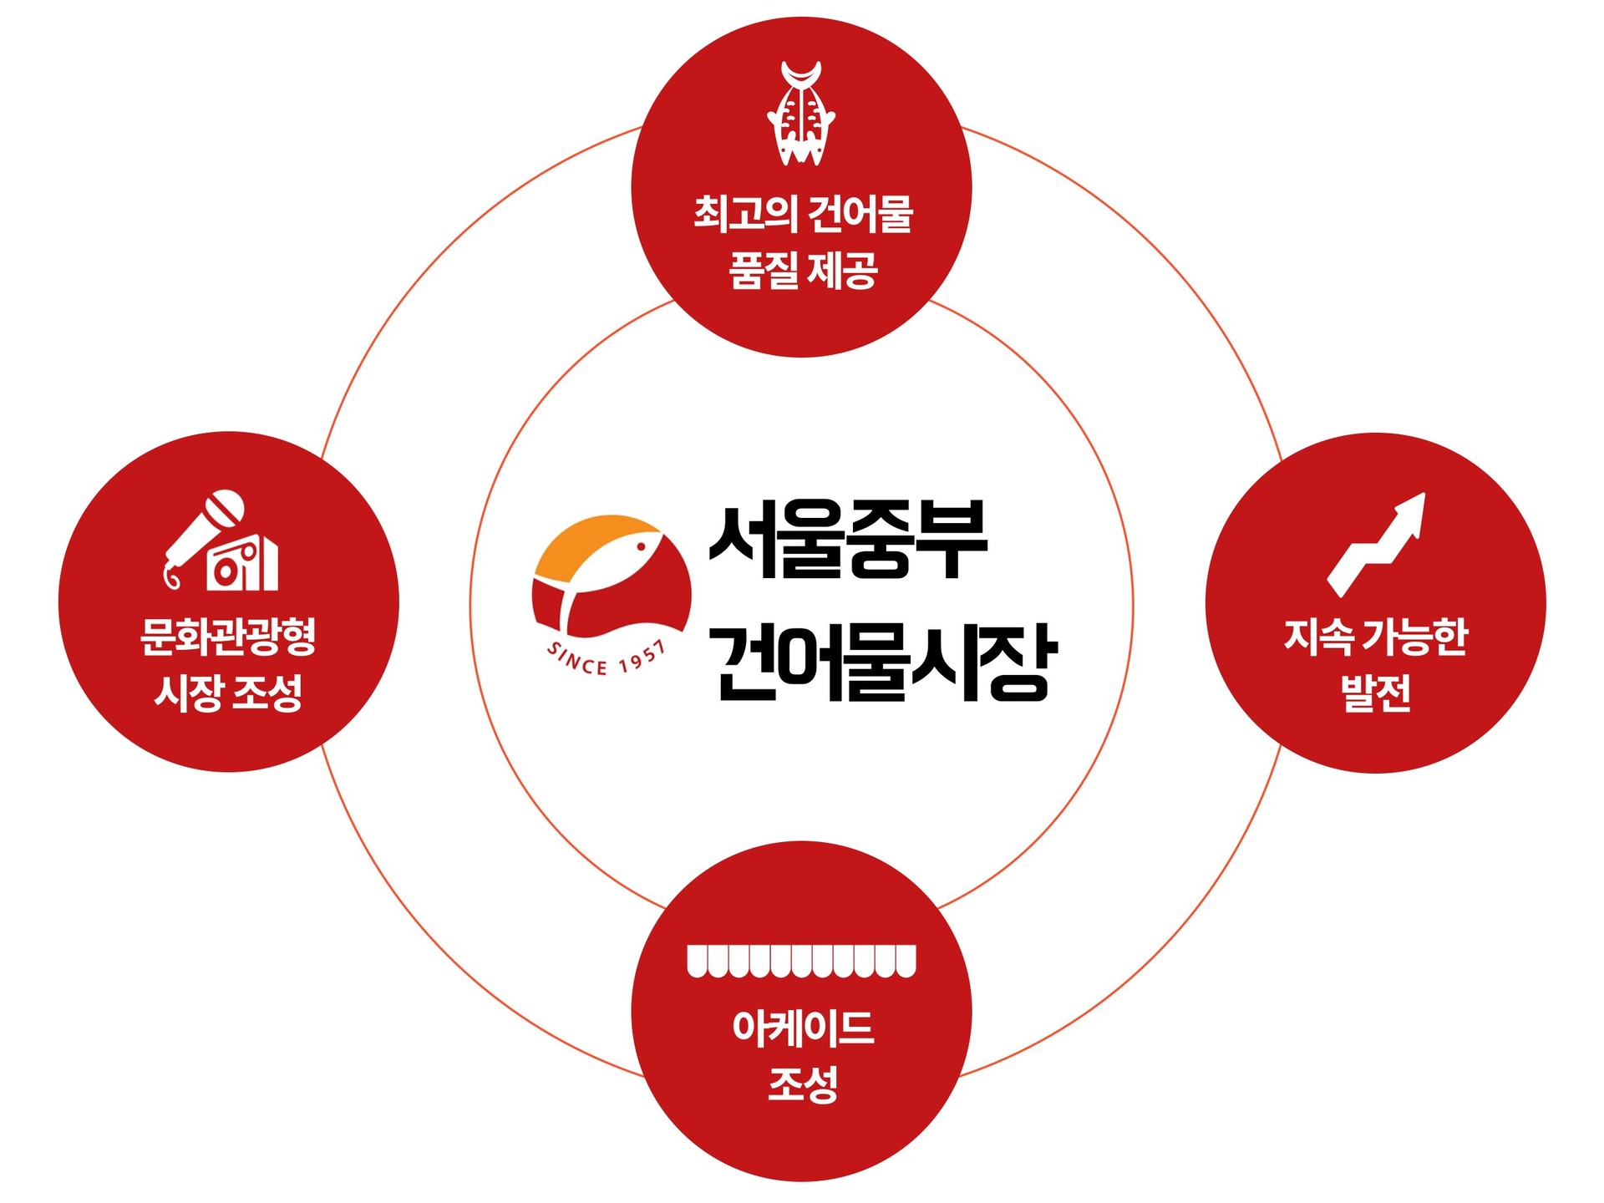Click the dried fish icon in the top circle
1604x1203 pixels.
[x=801, y=114]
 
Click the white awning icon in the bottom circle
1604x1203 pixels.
[x=801, y=961]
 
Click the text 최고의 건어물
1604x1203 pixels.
[x=803, y=214]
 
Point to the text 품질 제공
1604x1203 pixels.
[x=803, y=271]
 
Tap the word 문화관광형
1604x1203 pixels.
[x=228, y=637]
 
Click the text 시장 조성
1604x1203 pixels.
[x=228, y=693]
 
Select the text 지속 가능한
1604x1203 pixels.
[x=1376, y=637]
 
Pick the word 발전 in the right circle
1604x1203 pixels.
[x=1376, y=693]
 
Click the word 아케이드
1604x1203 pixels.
[x=803, y=1028]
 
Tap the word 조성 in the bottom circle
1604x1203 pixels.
[x=803, y=1084]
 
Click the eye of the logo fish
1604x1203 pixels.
[x=642, y=546]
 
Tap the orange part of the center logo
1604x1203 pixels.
[x=585, y=543]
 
